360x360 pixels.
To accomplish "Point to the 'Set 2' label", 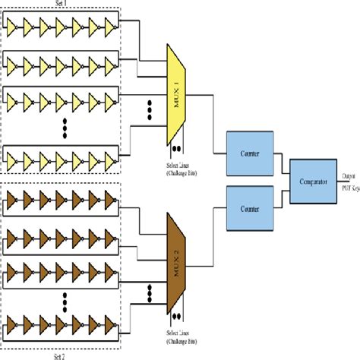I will (61, 355).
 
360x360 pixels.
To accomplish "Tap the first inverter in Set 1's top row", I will (13, 26).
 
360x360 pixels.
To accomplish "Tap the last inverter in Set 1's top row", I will (111, 26).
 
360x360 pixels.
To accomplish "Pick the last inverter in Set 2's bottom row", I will (111, 329).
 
